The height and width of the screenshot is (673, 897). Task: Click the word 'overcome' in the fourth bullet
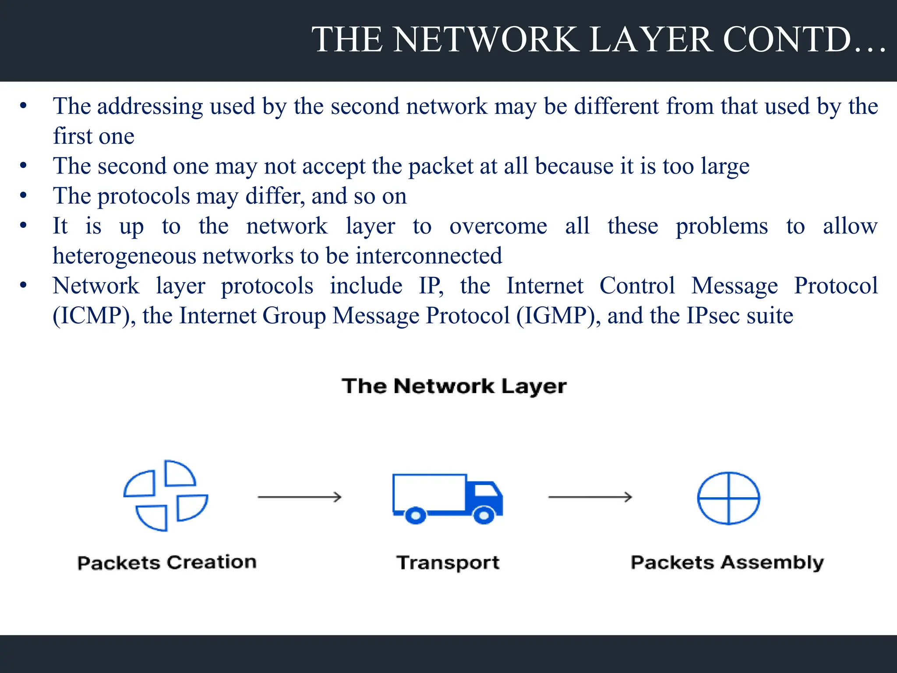(x=498, y=227)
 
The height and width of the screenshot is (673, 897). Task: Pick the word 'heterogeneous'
(x=124, y=256)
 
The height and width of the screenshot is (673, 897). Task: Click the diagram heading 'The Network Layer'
(x=454, y=386)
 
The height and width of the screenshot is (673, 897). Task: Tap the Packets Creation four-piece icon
(x=166, y=496)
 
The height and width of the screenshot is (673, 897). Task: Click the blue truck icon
(x=447, y=498)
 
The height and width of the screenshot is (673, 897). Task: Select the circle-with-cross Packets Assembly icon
(x=728, y=498)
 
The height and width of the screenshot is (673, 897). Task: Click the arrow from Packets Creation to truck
(x=300, y=497)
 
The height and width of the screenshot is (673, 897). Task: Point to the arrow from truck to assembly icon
(x=590, y=497)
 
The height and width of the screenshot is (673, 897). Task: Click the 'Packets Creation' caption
(x=167, y=563)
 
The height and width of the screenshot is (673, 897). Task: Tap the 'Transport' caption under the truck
(x=448, y=563)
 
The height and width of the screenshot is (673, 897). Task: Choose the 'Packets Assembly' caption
(x=727, y=563)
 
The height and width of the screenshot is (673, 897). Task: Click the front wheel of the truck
(x=484, y=515)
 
